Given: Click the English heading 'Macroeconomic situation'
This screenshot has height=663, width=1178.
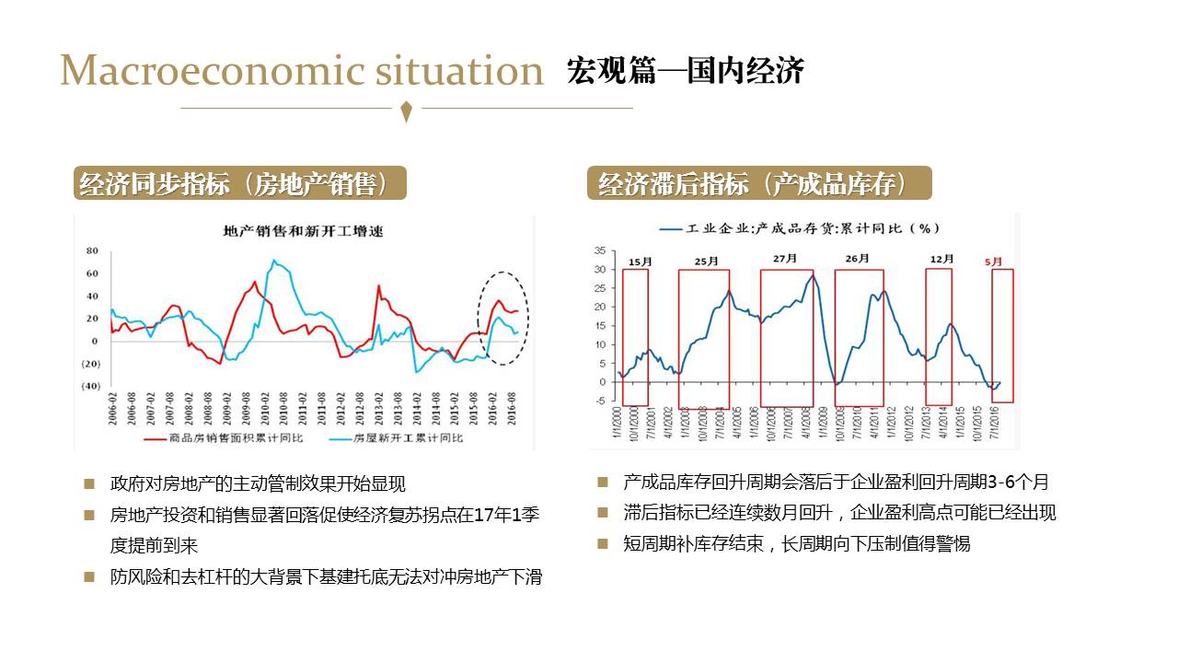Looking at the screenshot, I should (302, 71).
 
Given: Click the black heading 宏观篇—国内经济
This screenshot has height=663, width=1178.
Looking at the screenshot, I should (686, 70).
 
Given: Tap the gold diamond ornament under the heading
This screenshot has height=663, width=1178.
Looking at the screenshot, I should (407, 112).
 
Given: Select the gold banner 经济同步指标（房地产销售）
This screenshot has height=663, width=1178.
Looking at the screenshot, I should (240, 183).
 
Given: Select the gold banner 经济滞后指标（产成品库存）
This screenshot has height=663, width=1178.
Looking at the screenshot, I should (759, 183).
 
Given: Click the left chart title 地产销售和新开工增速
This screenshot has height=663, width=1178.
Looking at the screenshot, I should (304, 231).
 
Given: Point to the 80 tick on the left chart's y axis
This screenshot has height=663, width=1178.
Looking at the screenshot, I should (92, 250).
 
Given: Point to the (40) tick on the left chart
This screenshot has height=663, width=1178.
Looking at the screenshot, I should (90, 387).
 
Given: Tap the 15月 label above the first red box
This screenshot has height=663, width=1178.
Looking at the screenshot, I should (640, 262).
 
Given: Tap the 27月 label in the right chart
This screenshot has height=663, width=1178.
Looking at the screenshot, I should (784, 259).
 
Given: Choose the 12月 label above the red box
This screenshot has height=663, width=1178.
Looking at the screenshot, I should (941, 260).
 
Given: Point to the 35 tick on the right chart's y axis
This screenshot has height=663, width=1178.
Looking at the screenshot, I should (599, 250).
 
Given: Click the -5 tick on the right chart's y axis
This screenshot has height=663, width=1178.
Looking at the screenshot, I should (599, 401).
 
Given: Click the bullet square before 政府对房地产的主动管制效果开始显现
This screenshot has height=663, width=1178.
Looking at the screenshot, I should (88, 483).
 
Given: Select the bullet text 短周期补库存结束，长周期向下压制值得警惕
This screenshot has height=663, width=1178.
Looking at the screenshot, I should (796, 543).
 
